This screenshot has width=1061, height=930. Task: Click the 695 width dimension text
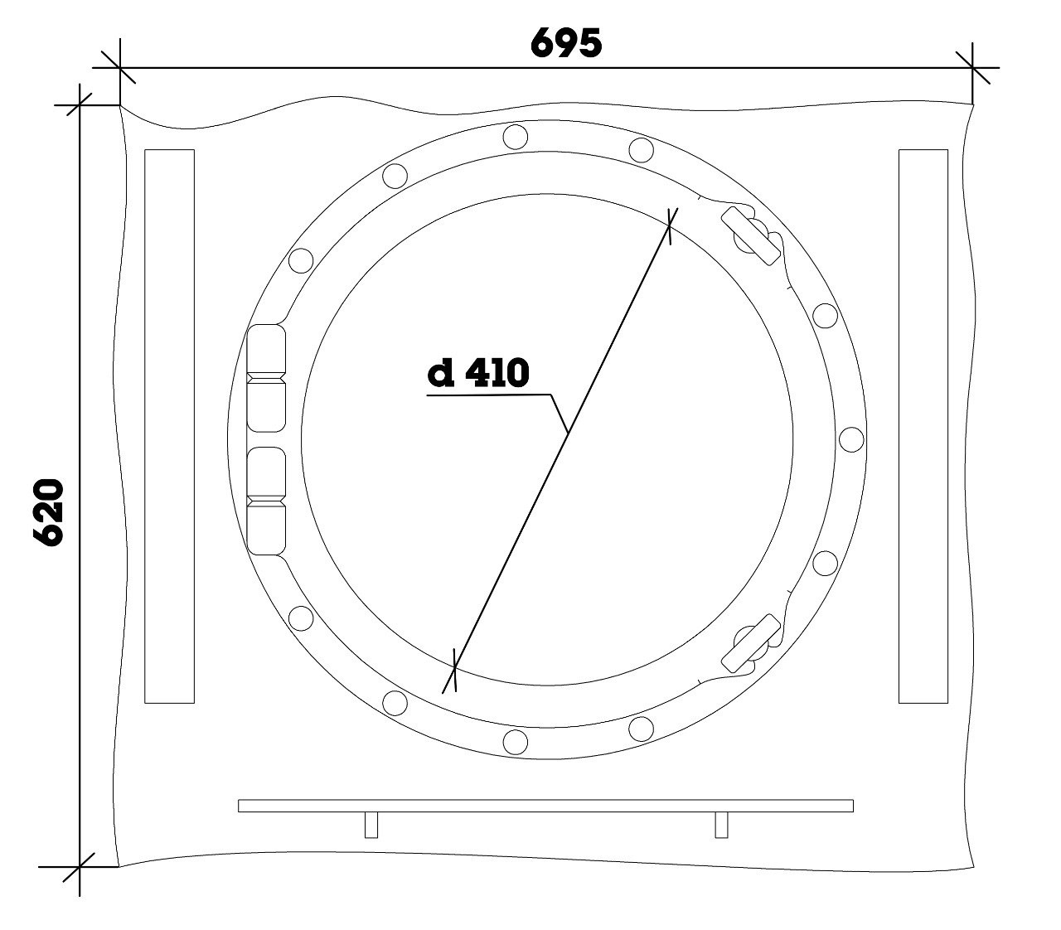(565, 43)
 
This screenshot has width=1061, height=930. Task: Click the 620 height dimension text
(49, 512)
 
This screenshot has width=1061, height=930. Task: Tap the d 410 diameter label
(478, 373)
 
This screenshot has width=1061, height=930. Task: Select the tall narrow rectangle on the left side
(169, 426)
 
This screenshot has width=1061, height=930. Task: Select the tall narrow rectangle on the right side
(923, 426)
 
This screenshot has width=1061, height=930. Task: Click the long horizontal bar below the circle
(545, 806)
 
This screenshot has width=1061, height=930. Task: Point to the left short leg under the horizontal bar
(371, 825)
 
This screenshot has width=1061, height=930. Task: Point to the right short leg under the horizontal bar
(721, 825)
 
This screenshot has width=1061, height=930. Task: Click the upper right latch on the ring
(752, 235)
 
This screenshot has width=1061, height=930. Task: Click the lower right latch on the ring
(752, 643)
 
